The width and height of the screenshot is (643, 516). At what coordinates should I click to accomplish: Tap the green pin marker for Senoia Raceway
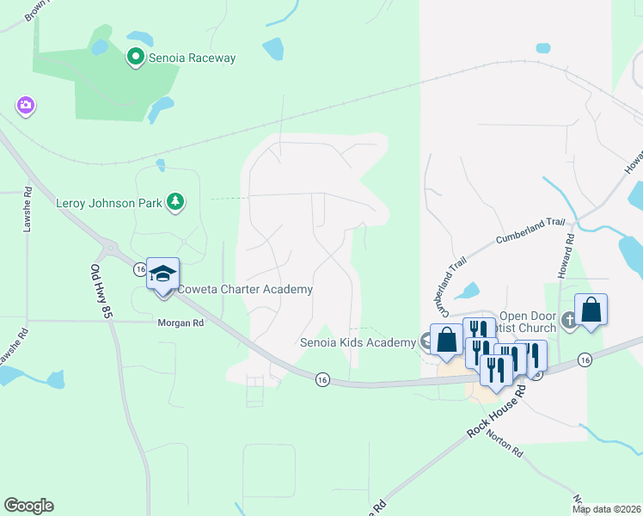(135, 58)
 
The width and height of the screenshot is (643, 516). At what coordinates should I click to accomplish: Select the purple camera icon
(25, 105)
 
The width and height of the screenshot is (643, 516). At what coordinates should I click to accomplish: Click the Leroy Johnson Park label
(108, 204)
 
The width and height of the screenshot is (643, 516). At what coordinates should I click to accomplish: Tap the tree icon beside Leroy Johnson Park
(176, 201)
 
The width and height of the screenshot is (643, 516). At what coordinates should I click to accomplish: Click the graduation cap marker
(162, 273)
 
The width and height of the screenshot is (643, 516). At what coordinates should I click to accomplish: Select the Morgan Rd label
(181, 323)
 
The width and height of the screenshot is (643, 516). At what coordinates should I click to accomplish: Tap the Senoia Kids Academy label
(358, 342)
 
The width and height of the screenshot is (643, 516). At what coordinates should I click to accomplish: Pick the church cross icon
(569, 322)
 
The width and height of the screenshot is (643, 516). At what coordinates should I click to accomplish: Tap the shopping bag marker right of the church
(591, 310)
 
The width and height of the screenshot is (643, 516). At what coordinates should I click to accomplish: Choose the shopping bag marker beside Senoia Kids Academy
(446, 339)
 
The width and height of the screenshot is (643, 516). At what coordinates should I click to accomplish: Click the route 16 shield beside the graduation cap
(139, 269)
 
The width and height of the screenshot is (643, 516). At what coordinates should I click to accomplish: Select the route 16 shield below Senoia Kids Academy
(322, 378)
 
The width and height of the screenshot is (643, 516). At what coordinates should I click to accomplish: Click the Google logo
(29, 506)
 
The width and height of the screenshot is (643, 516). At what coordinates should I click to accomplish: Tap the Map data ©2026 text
(606, 509)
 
